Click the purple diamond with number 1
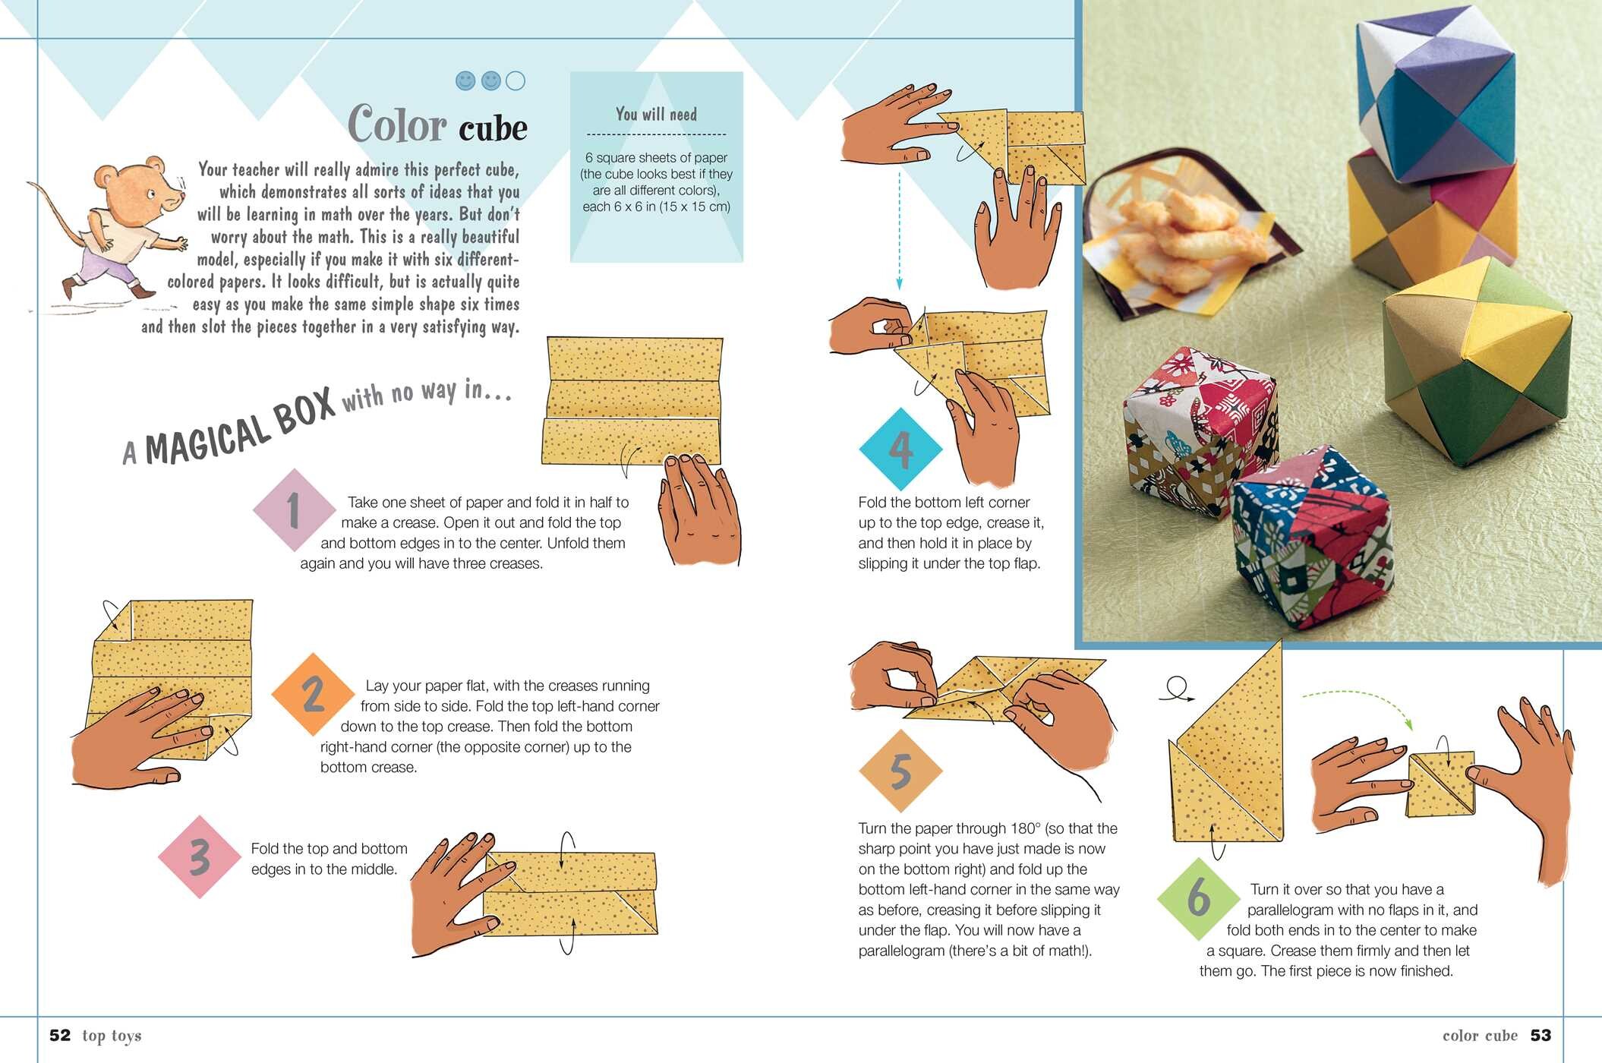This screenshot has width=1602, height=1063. click(x=294, y=510)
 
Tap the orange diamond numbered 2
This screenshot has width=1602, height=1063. click(x=313, y=694)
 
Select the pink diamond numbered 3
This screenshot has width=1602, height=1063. click(x=200, y=857)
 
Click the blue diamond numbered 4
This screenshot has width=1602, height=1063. click(x=900, y=449)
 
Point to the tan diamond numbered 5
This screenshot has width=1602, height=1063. click(x=900, y=771)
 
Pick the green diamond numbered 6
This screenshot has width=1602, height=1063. click(x=1198, y=898)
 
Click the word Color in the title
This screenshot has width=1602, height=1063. click(x=397, y=125)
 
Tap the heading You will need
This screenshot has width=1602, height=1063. click(x=656, y=115)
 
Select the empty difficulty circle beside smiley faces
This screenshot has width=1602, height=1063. click(x=515, y=80)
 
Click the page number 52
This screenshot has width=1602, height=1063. click(x=60, y=1036)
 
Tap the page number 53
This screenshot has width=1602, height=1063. click(x=1541, y=1036)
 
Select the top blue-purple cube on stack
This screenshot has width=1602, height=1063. click(x=1435, y=95)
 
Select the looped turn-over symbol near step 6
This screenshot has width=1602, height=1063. click(x=1177, y=688)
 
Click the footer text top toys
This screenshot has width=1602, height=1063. click(x=112, y=1036)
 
